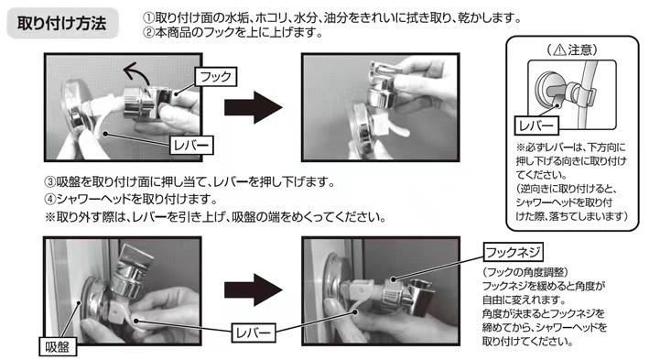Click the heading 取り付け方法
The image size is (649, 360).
click(62, 23)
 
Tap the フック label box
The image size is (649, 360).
click(216, 77)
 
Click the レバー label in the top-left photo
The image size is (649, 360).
click(191, 146)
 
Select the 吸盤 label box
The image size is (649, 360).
click(58, 346)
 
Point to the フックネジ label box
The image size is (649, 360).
click(513, 252)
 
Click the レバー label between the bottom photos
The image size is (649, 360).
click(253, 333)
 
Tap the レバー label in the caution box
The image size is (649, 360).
click(536, 125)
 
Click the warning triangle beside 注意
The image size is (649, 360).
click(559, 50)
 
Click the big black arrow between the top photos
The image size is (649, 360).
click(254, 107)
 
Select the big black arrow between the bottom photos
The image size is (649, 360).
click(254, 290)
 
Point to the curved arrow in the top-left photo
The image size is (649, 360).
click(135, 71)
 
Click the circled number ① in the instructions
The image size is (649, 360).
click(148, 17)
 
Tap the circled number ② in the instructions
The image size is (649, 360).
click(148, 32)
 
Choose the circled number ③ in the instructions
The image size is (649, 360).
click(50, 182)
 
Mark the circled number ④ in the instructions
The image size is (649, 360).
click(50, 200)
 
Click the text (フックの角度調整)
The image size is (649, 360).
click(525, 272)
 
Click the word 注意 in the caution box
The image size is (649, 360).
click(579, 50)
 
